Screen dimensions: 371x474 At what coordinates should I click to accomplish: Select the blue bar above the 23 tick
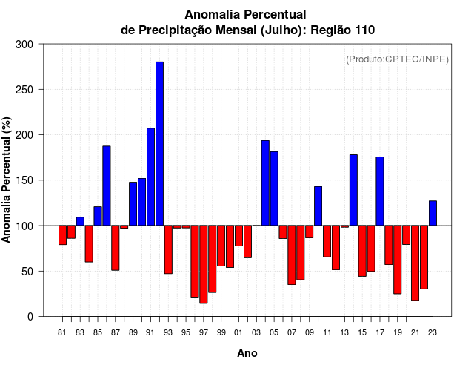(433, 213)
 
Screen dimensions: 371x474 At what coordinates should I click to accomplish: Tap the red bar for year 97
(204, 264)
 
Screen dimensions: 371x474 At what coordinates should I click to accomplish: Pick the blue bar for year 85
(98, 216)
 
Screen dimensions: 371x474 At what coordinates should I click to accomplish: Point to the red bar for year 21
(415, 263)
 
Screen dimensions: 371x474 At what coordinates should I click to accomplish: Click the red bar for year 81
(62, 234)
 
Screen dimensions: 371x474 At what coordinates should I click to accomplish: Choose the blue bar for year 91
(150, 177)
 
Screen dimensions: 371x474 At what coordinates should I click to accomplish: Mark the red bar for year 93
(168, 249)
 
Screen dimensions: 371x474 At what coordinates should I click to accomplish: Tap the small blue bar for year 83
(80, 221)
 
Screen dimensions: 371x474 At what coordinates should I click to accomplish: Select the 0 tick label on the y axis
(30, 316)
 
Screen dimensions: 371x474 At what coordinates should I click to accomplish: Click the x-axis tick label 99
(221, 332)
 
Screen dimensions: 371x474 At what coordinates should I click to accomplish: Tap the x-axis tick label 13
(344, 332)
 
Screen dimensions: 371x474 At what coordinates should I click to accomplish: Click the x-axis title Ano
(247, 354)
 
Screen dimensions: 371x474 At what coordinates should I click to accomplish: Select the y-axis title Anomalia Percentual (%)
(7, 180)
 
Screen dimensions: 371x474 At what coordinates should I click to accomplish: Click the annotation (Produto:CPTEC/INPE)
(397, 59)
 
